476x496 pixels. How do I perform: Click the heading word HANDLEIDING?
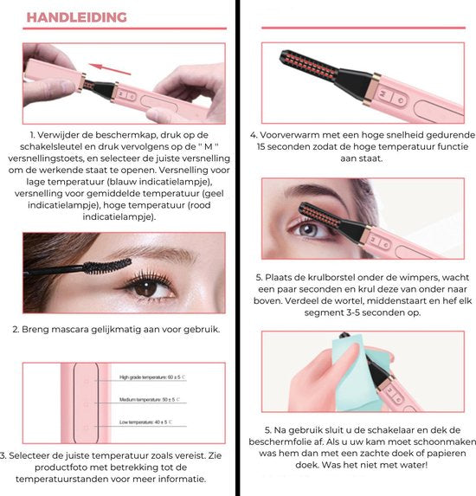[76, 17]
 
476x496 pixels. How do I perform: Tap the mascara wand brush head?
[109, 264]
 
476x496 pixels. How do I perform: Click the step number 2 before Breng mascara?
[16, 330]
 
